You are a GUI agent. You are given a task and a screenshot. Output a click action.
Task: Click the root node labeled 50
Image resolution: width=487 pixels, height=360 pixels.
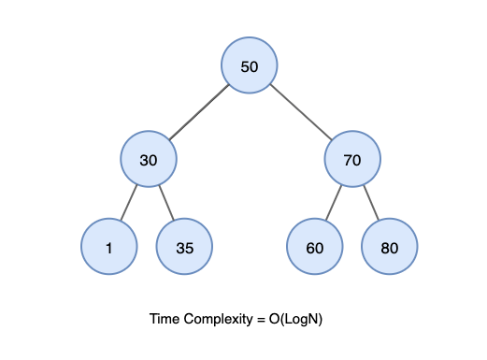pyautogui.click(x=250, y=65)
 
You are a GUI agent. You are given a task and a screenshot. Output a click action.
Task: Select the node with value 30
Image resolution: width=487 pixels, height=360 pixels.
pyautogui.click(x=149, y=159)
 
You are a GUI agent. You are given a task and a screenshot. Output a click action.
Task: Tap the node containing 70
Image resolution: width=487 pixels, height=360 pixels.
pyautogui.click(x=352, y=159)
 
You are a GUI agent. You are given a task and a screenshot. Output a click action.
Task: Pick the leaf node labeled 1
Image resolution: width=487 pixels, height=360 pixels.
pyautogui.click(x=109, y=247)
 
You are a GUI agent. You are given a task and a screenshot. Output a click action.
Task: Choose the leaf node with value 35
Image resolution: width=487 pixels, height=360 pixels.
pyautogui.click(x=184, y=247)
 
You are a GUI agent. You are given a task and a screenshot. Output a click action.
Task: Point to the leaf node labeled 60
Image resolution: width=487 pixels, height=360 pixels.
pyautogui.click(x=315, y=247)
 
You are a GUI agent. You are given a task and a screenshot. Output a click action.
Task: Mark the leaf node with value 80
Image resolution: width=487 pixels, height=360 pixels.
pyautogui.click(x=390, y=247)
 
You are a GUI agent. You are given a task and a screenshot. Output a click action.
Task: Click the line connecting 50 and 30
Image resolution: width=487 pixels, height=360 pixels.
pyautogui.click(x=199, y=112)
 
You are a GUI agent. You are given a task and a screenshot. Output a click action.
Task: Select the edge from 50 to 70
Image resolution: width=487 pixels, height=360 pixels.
pyautogui.click(x=301, y=112)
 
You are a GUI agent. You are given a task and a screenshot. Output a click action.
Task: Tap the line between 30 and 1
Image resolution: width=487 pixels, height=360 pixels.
pyautogui.click(x=129, y=203)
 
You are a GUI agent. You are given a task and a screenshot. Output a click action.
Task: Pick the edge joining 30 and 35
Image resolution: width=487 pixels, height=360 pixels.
pyautogui.click(x=166, y=203)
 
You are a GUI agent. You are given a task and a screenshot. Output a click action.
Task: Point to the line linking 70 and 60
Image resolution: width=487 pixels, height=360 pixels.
pyautogui.click(x=334, y=203)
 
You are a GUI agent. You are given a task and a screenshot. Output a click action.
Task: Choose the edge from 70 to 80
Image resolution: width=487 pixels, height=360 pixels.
pyautogui.click(x=371, y=203)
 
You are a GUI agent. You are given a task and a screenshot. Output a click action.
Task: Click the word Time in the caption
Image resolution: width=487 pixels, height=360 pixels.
pyautogui.click(x=165, y=319)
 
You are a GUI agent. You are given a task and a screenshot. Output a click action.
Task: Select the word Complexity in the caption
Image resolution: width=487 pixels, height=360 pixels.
pyautogui.click(x=218, y=320)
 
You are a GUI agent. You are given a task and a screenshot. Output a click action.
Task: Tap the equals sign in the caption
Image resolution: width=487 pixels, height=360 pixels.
pyautogui.click(x=261, y=320)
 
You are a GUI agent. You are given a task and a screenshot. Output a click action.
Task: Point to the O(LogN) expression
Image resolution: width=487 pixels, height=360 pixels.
pyautogui.click(x=295, y=320)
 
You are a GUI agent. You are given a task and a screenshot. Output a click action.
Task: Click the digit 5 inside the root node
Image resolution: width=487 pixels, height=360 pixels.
pyautogui.click(x=245, y=66)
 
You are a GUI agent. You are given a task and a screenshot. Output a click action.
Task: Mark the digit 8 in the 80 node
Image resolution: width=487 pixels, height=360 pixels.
pyautogui.click(x=385, y=248)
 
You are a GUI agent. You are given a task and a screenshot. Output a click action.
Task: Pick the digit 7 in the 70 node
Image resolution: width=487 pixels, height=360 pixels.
pyautogui.click(x=348, y=160)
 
